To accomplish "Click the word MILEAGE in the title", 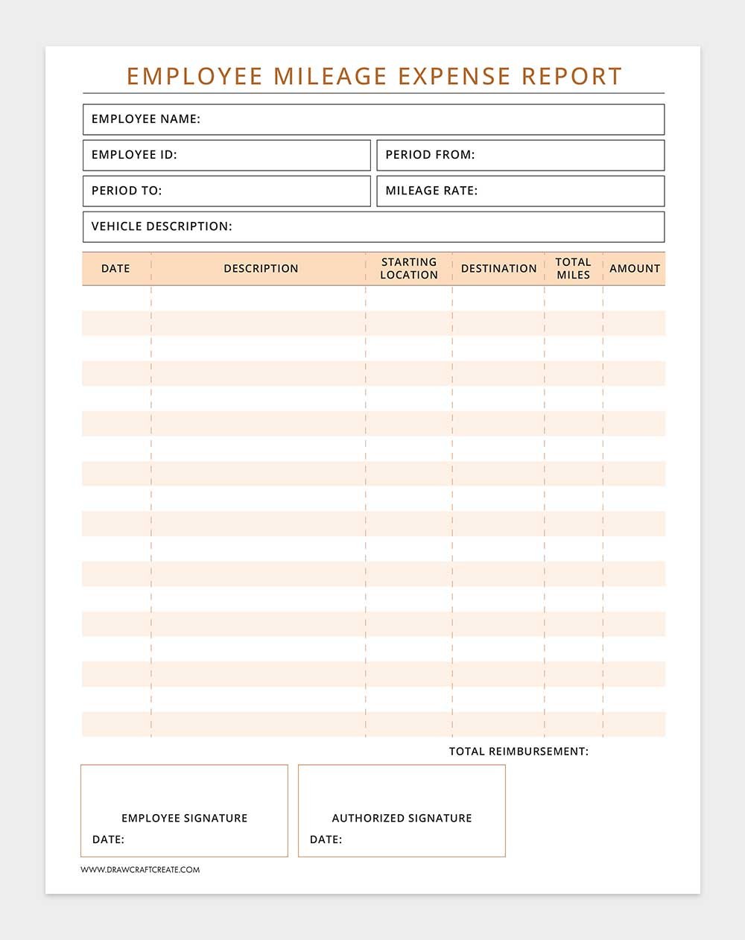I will click(331, 76).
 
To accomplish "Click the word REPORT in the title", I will click(571, 76).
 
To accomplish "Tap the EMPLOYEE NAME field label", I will click(146, 119).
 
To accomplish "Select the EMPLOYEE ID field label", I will click(134, 155).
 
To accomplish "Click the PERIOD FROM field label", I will click(430, 155).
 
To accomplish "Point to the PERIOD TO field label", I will click(127, 191).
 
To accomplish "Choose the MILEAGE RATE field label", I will click(431, 191).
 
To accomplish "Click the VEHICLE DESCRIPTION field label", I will click(162, 226).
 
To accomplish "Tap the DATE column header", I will click(115, 269).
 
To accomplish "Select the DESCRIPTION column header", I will click(261, 269).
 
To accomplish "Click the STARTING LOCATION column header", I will click(409, 268).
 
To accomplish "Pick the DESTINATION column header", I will click(498, 269).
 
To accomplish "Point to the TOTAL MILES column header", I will click(573, 268).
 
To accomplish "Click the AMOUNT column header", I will click(635, 269).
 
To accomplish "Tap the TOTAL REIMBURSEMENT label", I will click(519, 752).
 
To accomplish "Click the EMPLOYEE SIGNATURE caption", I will click(184, 818).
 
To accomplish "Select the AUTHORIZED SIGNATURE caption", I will click(402, 818).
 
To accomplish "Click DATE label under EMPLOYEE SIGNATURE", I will click(108, 839).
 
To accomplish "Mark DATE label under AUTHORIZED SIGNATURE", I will click(326, 839).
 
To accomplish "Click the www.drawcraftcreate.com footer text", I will click(140, 869).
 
